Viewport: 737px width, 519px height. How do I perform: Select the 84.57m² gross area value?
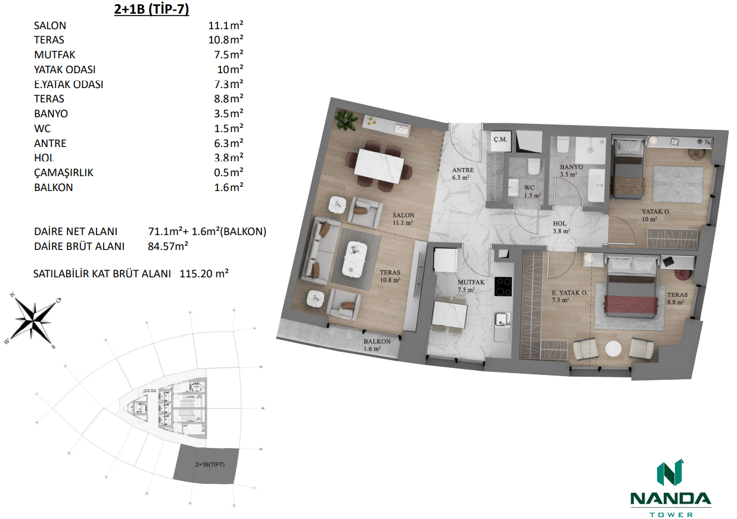coord(168,246)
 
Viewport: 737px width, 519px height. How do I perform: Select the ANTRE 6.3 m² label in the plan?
coord(463,174)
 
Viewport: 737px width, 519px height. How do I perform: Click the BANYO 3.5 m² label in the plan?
coord(571,171)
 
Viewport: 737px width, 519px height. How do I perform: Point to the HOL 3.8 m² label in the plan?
coord(561,227)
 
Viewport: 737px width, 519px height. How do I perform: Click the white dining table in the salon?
coord(379,166)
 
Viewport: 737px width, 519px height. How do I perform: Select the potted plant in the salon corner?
coord(344,120)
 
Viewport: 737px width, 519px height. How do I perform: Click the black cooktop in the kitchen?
coord(503,287)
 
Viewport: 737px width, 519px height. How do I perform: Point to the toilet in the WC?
coord(534,165)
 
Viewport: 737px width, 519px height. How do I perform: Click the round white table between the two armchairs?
coord(613,348)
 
